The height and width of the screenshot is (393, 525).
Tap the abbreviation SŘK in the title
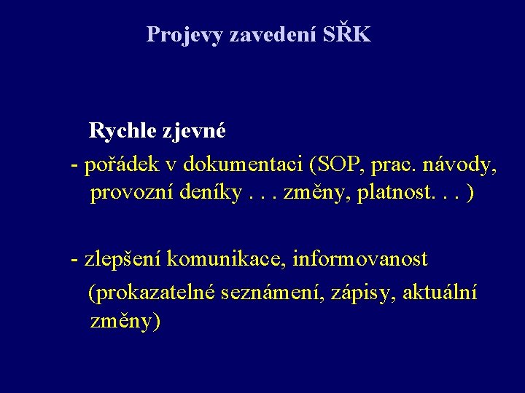(x=346, y=34)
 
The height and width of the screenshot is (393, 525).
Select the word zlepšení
(x=122, y=258)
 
